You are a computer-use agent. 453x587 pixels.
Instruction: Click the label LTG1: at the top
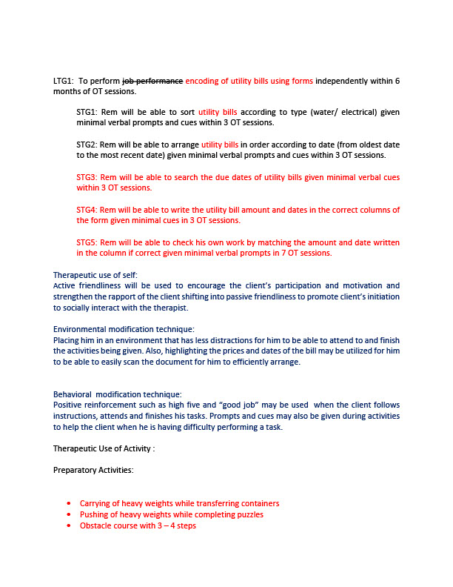[63, 81]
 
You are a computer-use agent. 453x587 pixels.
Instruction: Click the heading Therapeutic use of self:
[95, 275]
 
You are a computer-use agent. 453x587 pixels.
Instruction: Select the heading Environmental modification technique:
[122, 329]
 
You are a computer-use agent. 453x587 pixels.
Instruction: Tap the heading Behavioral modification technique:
[117, 394]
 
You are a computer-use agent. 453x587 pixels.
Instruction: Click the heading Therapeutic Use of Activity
[104, 449]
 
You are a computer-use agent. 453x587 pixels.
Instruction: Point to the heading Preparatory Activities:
[93, 470]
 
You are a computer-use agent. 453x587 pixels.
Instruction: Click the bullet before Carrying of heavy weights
[69, 504]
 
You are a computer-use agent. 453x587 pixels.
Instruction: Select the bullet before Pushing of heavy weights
[69, 514]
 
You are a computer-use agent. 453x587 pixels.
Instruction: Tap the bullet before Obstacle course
[69, 525]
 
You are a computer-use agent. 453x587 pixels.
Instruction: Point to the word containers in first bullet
[259, 503]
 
